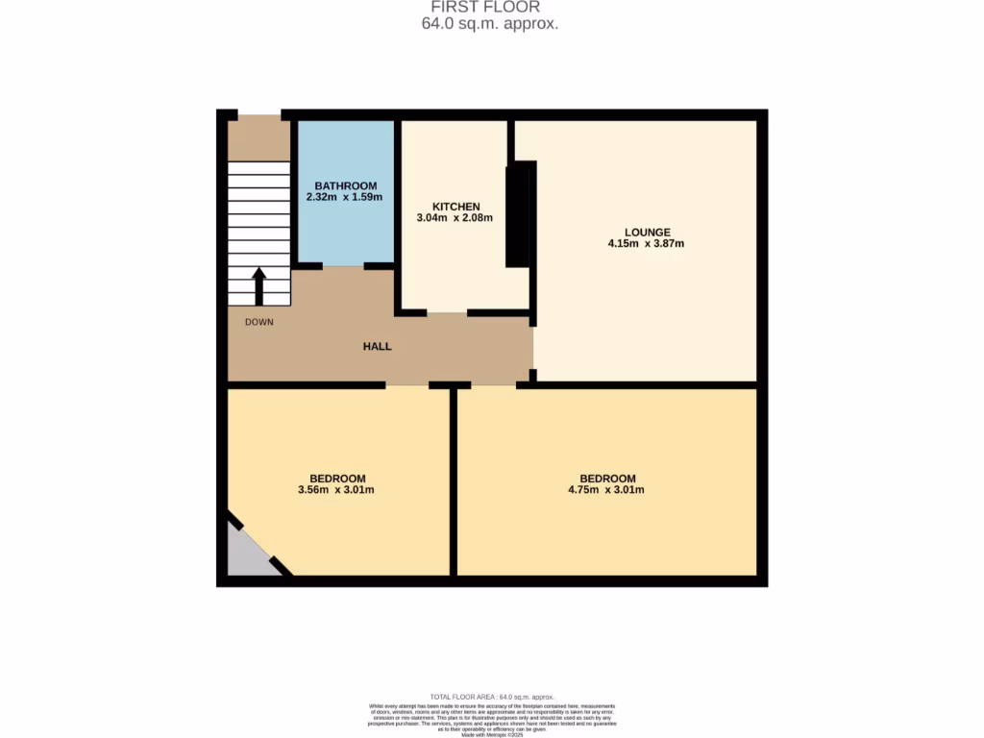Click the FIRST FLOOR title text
(x=490, y=8)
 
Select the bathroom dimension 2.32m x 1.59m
(x=344, y=198)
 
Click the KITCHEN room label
(x=455, y=207)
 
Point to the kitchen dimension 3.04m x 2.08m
(x=455, y=218)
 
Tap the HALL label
(x=377, y=346)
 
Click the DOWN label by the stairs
(x=258, y=322)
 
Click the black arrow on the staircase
(x=258, y=284)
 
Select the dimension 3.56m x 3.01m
(x=336, y=490)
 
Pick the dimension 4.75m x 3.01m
(x=606, y=490)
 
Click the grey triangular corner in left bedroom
(x=246, y=557)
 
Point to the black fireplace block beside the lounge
(x=519, y=213)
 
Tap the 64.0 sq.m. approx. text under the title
(x=490, y=24)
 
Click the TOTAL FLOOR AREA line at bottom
(x=492, y=697)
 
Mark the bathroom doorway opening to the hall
(x=343, y=266)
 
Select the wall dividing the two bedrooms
(x=453, y=480)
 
